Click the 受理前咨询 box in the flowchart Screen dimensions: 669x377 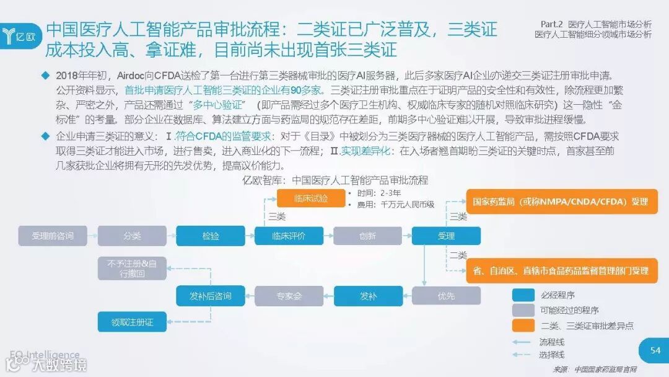[x=53, y=236]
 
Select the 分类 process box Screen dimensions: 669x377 [x=132, y=236]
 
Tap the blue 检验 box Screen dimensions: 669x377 [x=211, y=236]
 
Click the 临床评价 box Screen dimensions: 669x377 [x=289, y=236]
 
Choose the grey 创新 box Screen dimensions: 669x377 [x=368, y=236]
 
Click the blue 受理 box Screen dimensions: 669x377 [x=446, y=236]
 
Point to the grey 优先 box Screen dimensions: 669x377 [x=446, y=296]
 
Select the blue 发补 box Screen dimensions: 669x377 [x=368, y=296]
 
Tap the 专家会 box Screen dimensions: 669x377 [x=289, y=296]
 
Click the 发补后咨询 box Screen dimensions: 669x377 [x=211, y=296]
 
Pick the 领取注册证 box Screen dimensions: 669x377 [x=132, y=322]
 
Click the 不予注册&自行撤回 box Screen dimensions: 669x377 [x=132, y=268]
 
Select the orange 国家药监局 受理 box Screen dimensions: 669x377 [x=561, y=202]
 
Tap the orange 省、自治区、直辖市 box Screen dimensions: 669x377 [x=561, y=271]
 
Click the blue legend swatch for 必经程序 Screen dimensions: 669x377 [x=523, y=295]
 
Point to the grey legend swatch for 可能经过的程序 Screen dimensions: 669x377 [x=523, y=310]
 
